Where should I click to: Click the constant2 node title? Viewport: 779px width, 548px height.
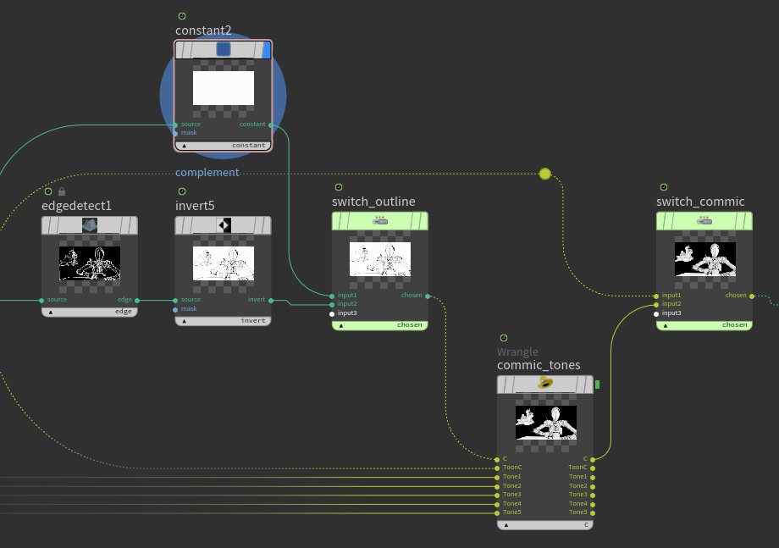203,30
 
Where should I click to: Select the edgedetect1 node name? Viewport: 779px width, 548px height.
76,206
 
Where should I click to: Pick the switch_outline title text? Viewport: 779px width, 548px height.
373,202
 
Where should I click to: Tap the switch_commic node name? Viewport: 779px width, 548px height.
700,202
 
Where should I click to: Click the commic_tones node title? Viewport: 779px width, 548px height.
539,365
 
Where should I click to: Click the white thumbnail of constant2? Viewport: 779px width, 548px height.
224,88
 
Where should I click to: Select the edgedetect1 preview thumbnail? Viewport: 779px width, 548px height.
90,263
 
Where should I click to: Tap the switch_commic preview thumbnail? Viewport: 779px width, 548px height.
704,259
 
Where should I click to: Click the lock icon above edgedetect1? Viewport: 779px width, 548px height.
61,191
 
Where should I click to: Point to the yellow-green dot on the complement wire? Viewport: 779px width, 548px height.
544,174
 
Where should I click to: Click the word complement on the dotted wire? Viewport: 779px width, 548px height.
207,173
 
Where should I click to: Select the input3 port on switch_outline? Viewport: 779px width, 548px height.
332,313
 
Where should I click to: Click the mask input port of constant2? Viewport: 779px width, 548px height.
175,133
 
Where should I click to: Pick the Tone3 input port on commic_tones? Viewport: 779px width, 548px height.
496,495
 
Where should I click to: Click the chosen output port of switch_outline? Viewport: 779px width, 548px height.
428,296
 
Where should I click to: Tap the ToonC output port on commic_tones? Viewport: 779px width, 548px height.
593,468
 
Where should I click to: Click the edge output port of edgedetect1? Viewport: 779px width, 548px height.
136,300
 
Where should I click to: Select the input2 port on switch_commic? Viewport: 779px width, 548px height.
656,304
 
